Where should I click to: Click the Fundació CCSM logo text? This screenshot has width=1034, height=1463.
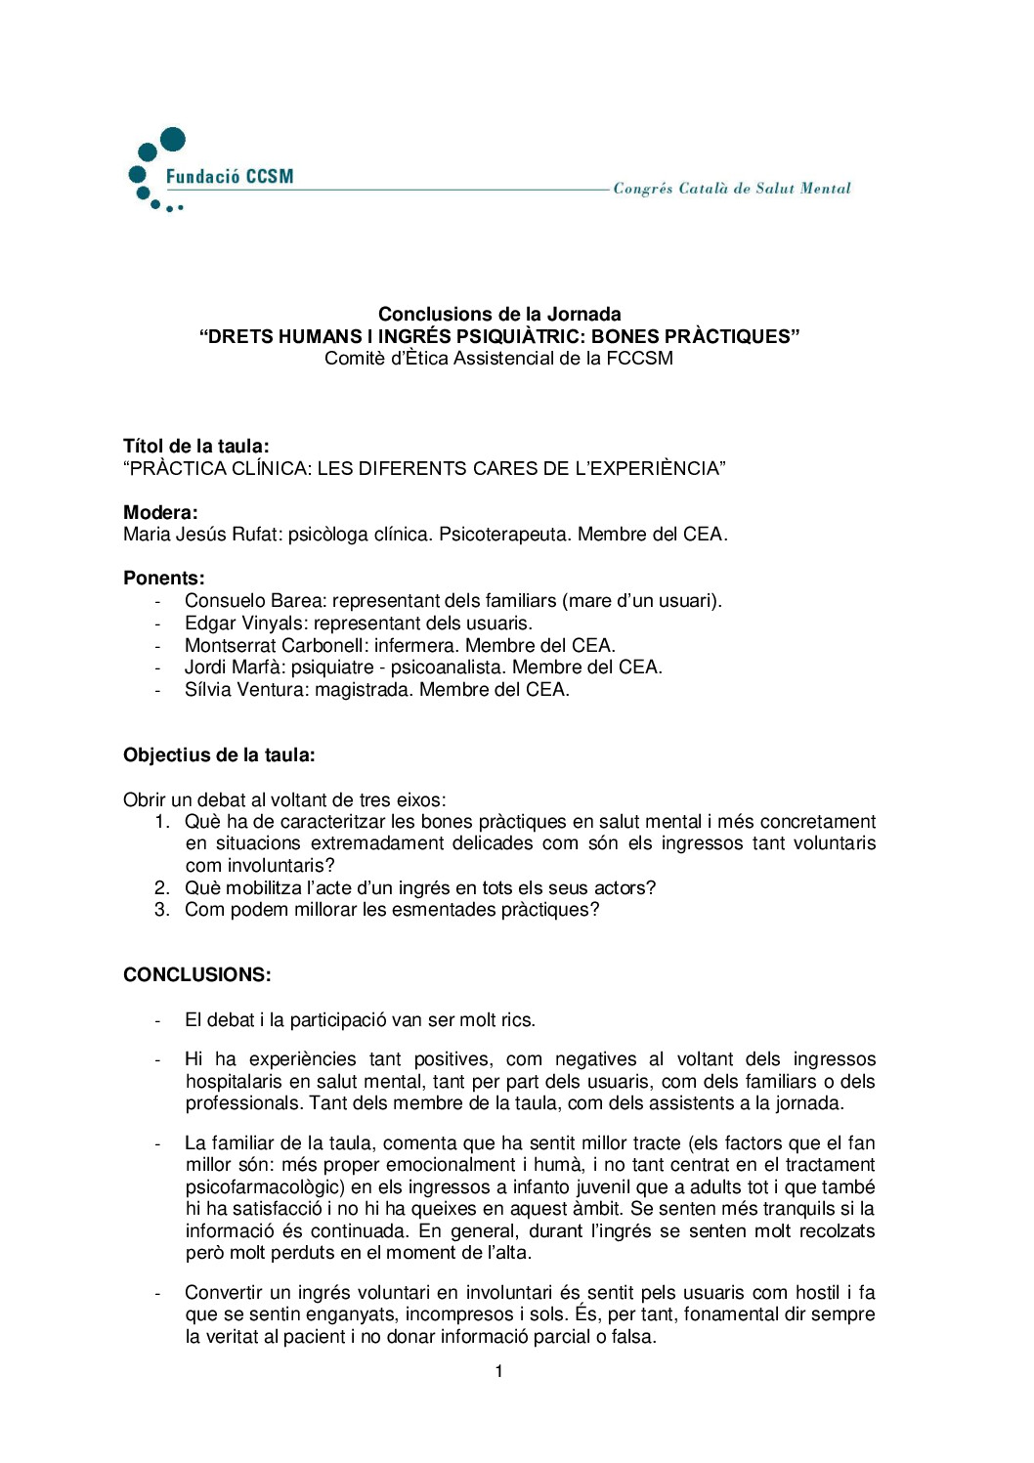[229, 177]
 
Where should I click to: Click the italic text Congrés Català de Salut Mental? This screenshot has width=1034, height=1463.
[732, 189]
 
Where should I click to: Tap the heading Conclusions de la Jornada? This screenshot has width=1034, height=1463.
[499, 314]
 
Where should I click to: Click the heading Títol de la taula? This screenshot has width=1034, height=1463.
[196, 447]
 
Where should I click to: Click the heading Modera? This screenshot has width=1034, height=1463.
[160, 512]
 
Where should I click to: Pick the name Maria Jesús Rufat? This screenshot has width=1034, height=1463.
[201, 535]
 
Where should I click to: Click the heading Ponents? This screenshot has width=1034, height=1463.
[164, 578]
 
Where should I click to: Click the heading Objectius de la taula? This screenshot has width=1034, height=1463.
[219, 755]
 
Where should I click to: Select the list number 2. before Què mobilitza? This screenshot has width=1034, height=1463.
[162, 888]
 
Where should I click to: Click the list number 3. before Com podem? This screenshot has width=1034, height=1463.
[162, 910]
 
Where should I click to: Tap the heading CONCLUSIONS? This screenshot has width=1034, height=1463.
[197, 975]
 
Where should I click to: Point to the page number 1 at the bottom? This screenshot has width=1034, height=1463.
[499, 1372]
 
